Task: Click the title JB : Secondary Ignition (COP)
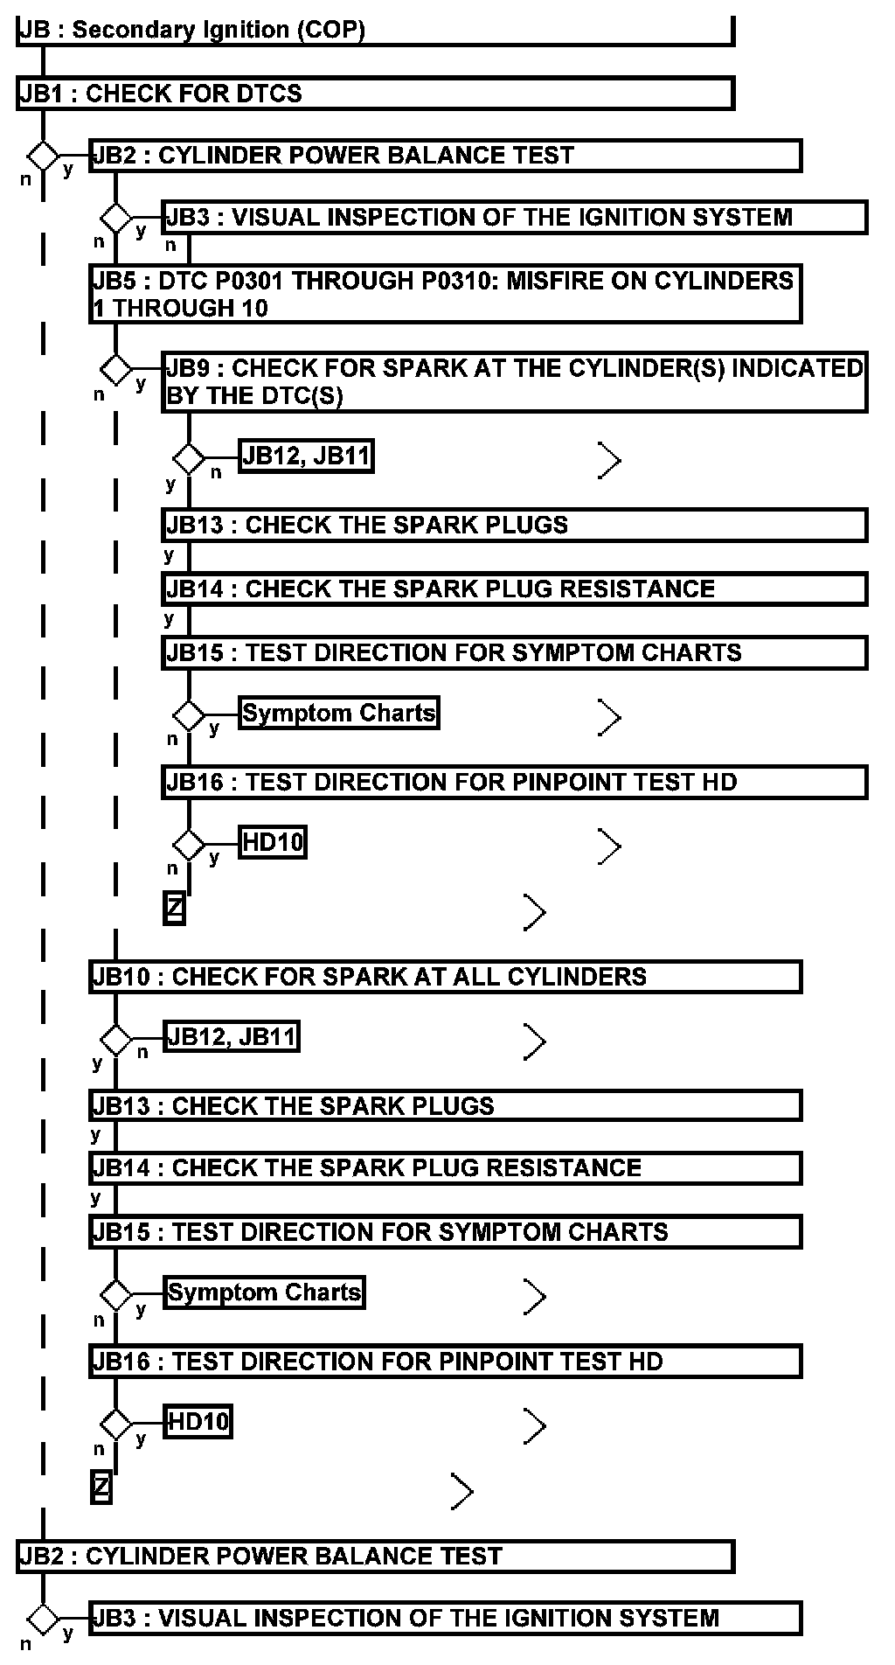(x=191, y=30)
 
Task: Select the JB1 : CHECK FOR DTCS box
(x=375, y=94)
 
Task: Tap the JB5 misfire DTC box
(x=445, y=294)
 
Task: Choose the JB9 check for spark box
(x=514, y=382)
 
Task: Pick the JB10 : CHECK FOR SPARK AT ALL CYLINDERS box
(x=445, y=977)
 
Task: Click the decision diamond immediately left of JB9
(x=114, y=369)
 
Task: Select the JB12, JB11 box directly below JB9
(x=306, y=456)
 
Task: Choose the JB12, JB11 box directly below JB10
(x=232, y=1037)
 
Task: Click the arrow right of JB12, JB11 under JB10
(x=534, y=1041)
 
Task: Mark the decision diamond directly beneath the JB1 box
(x=42, y=157)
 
